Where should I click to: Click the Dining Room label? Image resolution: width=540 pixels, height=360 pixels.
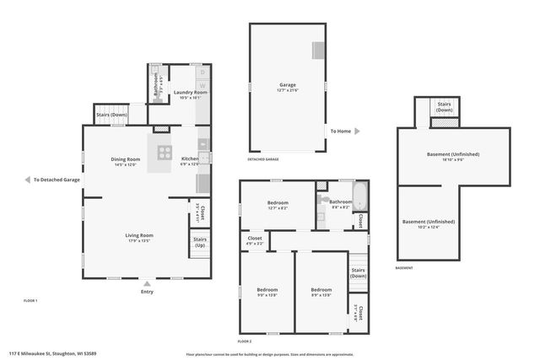coord(124,160)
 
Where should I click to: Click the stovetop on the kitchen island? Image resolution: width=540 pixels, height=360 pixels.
coord(162,153)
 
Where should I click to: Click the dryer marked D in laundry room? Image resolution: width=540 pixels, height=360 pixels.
coord(202,73)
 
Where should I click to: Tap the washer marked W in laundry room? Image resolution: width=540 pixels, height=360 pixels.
coord(202,87)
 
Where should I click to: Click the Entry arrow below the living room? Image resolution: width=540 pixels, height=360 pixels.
coord(148,283)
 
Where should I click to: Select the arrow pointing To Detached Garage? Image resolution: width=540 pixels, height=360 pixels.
coord(27,180)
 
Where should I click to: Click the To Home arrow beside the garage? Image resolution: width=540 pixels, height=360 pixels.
coord(357,132)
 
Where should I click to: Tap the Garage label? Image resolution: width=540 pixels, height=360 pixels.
coord(288,86)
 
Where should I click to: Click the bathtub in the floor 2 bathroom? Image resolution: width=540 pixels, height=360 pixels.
coord(360,198)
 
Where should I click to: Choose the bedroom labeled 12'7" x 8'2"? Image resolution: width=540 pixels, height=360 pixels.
coord(278,204)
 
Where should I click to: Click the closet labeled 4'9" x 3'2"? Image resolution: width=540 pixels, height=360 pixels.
coord(255,241)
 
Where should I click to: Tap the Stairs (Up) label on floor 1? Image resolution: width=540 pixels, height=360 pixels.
coord(199,243)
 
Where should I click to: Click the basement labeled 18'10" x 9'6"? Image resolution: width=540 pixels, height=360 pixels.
coord(456,157)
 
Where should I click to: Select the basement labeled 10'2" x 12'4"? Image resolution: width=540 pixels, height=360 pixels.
coord(432,223)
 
